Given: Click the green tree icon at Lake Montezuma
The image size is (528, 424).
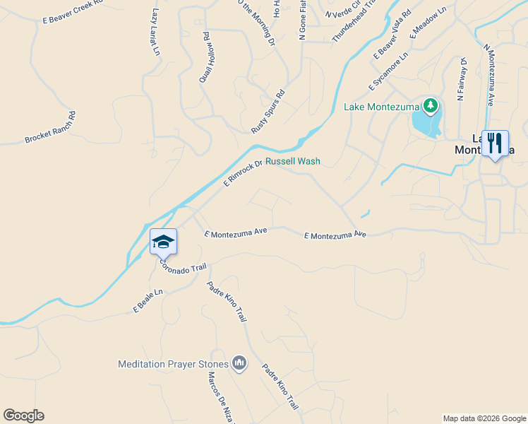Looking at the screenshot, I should pos(431,107).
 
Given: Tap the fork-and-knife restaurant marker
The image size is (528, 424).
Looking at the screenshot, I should pos(495,143).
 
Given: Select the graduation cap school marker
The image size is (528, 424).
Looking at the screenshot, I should pos(163,242).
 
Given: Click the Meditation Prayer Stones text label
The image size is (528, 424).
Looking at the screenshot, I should pos(173,365).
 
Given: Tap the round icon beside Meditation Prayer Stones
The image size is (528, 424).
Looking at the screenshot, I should pos(239,364).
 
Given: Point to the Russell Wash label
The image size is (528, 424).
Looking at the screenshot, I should pos(292,161).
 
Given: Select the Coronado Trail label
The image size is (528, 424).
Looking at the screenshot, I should pos(182,267).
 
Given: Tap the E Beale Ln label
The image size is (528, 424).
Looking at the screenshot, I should pos(148,301).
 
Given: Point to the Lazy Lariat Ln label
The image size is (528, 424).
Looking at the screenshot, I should pos(156,33).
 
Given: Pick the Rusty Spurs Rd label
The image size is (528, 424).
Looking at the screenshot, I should pos(268,112).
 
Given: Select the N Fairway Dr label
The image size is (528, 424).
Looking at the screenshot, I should pos(463,79).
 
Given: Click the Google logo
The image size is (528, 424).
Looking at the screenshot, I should pos(23,416).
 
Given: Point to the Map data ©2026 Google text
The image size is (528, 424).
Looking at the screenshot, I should pos(484,418).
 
